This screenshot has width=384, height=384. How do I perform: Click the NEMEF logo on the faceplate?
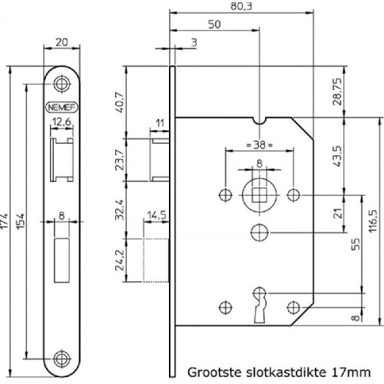(x=61, y=108)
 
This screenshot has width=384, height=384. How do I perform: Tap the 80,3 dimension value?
(x=241, y=6)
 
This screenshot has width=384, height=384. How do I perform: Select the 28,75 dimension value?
(x=337, y=91)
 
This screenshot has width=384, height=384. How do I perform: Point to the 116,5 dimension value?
(x=373, y=221)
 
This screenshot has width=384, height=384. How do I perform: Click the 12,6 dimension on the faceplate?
(x=61, y=122)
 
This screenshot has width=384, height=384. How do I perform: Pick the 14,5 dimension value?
(x=157, y=215)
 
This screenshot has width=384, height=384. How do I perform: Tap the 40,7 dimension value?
(x=120, y=102)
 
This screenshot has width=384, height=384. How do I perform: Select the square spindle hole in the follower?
(x=260, y=195)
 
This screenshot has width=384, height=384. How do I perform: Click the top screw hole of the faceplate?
(x=61, y=84)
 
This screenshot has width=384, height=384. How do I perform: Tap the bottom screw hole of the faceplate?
(x=61, y=359)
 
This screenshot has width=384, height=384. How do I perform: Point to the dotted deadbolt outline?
(x=156, y=260)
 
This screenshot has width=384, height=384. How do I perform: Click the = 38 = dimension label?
(x=260, y=145)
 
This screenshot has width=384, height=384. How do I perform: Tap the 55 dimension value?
(x=356, y=244)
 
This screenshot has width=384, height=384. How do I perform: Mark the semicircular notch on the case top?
(x=260, y=121)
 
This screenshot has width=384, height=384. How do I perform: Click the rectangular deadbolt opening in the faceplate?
(x=61, y=260)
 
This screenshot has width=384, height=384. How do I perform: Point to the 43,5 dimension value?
(x=337, y=156)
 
